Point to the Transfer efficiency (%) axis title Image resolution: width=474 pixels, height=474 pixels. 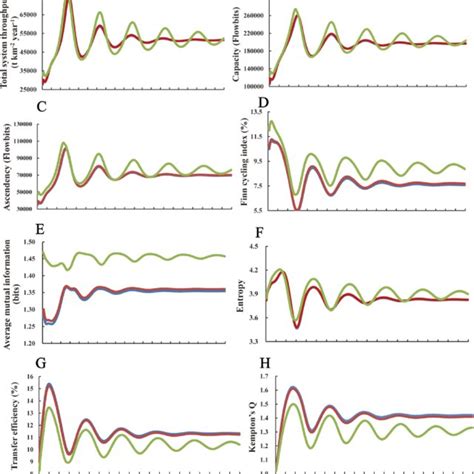[10, 414]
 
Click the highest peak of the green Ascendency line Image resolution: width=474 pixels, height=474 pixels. [65, 144]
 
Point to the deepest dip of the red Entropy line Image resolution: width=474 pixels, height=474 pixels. [296, 326]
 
